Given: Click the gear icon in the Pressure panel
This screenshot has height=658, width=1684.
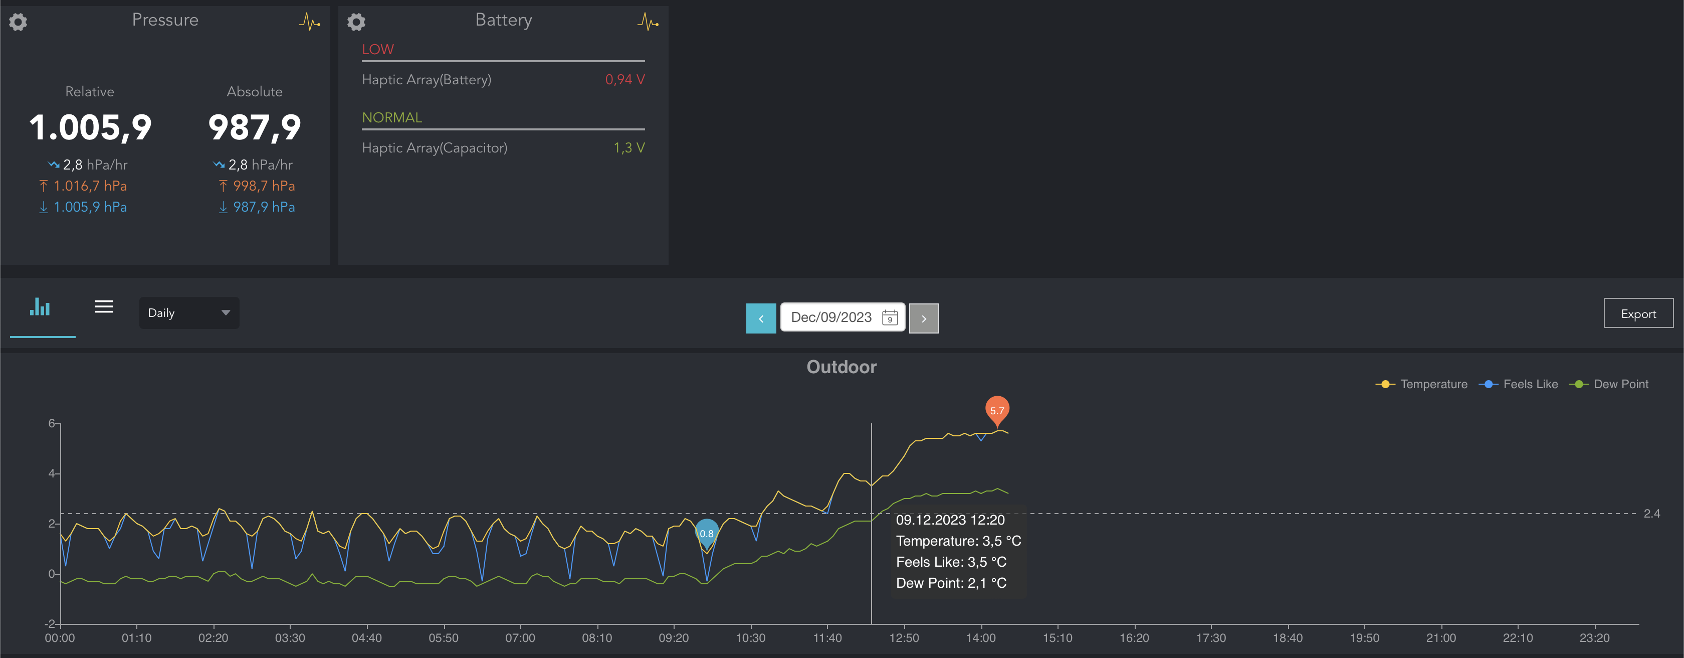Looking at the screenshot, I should [x=19, y=22].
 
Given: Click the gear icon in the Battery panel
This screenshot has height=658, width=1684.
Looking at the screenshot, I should [x=356, y=22].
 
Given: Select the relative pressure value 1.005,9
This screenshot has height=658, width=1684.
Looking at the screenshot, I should [x=90, y=127].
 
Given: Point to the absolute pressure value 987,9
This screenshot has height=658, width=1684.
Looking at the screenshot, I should [x=254, y=127].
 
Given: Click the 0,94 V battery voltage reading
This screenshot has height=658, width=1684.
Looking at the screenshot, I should [x=624, y=80].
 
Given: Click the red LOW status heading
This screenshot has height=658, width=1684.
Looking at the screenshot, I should [x=378, y=50].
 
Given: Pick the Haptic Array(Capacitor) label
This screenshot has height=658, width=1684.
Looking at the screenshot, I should [x=434, y=148].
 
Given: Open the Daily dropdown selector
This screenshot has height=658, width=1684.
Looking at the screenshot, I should [x=189, y=312].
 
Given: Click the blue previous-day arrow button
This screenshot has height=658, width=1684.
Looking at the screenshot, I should [x=761, y=318].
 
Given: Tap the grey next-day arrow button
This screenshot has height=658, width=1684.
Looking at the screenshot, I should [x=924, y=318].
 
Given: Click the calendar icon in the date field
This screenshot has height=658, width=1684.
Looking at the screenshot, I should [x=889, y=318].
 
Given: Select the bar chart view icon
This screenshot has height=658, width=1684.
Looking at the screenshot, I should [x=40, y=307].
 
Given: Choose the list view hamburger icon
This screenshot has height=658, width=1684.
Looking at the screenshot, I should [x=104, y=307].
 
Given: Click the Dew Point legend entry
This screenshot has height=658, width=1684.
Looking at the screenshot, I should [x=1612, y=385].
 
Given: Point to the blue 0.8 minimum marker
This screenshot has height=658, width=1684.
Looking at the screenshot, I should [x=707, y=533].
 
